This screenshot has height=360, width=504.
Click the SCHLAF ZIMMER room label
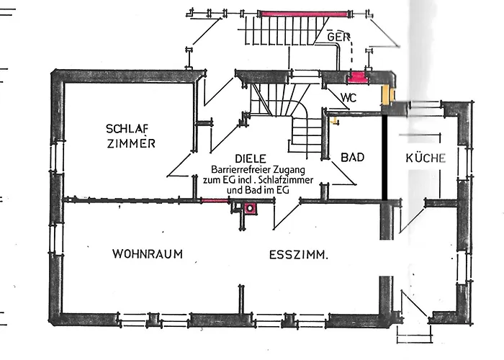pos(130,136)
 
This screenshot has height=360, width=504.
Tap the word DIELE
pos(251,158)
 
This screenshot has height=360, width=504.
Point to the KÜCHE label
pos(426,158)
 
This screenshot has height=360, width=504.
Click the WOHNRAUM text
pos(147,254)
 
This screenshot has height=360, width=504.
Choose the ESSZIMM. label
pos(299,254)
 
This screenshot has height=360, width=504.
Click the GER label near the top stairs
pos(337,36)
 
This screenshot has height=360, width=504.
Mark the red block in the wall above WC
pos(358,77)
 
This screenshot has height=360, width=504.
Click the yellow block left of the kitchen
pos(388,93)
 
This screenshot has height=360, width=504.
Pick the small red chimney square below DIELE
pos(251,209)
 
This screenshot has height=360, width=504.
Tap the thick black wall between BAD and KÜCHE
pos(385,155)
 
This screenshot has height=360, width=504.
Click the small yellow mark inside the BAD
pos(333,120)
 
